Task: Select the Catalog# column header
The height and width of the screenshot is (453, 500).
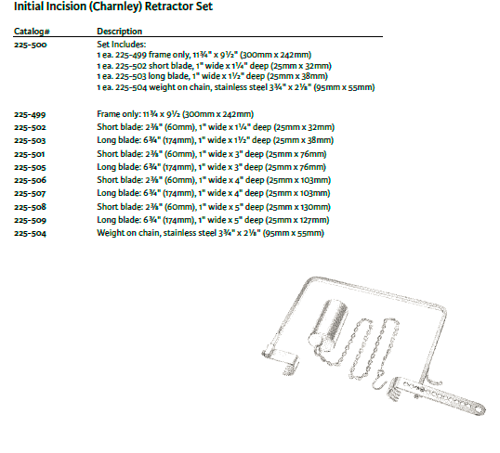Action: [x=32, y=32]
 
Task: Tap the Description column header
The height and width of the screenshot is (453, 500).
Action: [x=119, y=32]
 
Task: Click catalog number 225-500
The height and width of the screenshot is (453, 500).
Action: [x=31, y=45]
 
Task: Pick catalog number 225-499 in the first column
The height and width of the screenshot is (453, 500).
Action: [x=30, y=114]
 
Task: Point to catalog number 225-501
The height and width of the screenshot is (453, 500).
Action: [x=30, y=154]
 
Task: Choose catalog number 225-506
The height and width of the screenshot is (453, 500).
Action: [x=31, y=180]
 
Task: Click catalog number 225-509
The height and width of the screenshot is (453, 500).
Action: [x=31, y=220]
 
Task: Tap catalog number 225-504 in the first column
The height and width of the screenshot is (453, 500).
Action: [x=31, y=233]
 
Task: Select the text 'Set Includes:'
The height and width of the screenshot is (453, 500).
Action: [x=121, y=45]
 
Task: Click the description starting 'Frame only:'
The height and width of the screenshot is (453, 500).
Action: [x=176, y=114]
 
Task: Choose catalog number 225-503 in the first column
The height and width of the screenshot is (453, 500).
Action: [x=30, y=140]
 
